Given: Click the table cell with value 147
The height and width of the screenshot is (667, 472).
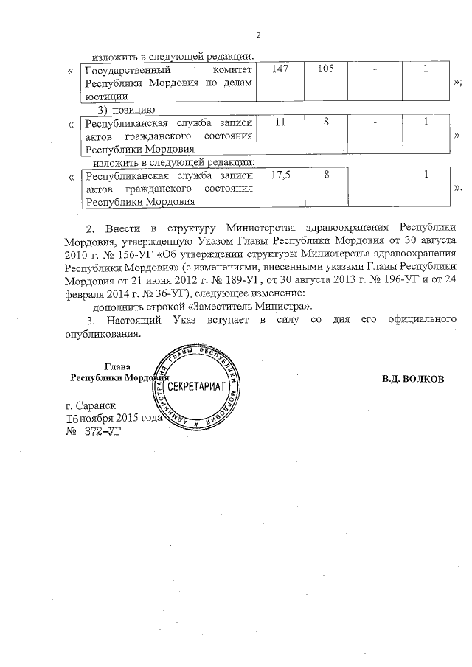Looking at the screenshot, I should click(x=280, y=69).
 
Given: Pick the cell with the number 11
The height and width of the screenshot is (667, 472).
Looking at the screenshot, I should click(x=280, y=122).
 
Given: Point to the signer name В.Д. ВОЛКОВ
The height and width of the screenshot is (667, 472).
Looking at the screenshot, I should click(x=413, y=379).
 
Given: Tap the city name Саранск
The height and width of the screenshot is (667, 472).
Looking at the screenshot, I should click(x=95, y=406).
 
